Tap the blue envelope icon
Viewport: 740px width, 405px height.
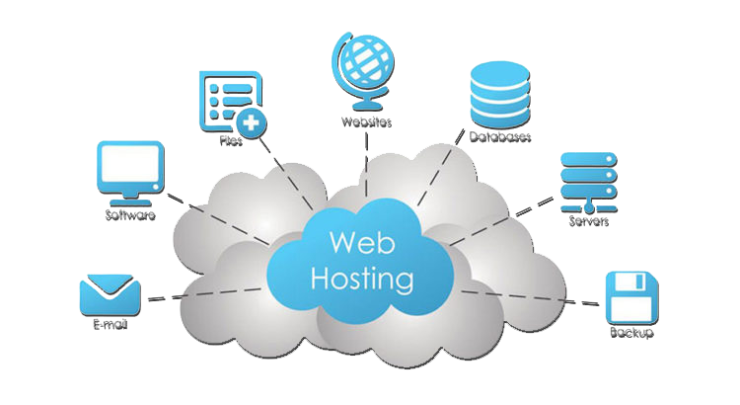click(x=109, y=292)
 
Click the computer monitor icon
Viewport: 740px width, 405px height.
click(x=130, y=169)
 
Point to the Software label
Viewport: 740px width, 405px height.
click(x=129, y=215)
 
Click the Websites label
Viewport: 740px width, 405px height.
click(x=366, y=122)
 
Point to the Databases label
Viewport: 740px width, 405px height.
click(x=500, y=136)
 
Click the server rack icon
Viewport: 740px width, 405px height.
click(x=586, y=180)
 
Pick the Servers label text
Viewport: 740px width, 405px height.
click(x=588, y=221)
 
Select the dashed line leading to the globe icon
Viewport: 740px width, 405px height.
click(x=366, y=163)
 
